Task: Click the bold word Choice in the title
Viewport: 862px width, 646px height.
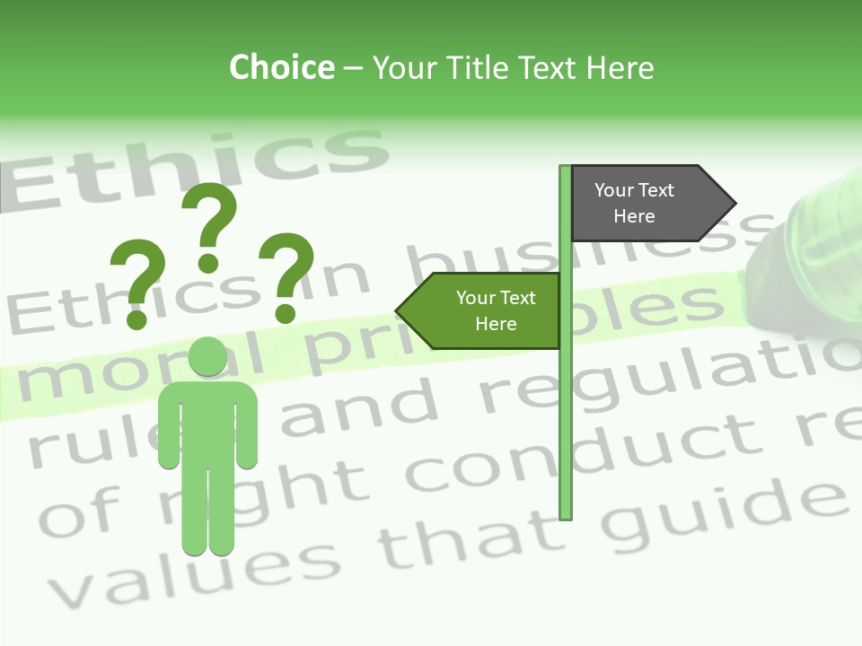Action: click(281, 68)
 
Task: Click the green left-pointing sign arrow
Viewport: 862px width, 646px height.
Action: click(480, 310)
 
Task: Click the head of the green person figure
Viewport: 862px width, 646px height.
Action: click(208, 357)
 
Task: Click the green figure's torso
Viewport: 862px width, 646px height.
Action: click(208, 422)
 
